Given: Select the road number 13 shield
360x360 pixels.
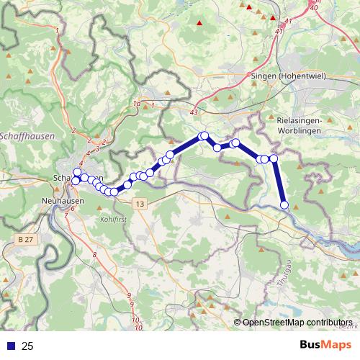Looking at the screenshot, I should coord(140,205).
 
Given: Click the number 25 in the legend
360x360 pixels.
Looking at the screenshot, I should coord(27,346).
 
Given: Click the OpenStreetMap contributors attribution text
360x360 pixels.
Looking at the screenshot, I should coord(297,323).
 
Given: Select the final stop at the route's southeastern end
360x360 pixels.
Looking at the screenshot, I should coord(284,205).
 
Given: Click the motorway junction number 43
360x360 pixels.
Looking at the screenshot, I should coord(193,113).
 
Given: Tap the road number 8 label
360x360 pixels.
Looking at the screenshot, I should coord(94,255).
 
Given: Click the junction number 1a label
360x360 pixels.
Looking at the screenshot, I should coord(136,105).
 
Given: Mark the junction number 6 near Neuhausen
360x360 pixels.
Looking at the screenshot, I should coord(72,209).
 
